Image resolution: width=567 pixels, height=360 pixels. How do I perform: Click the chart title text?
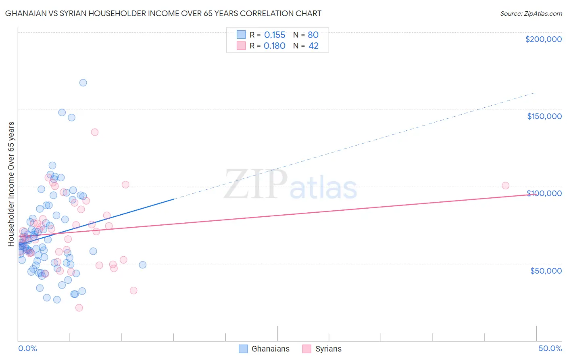[x=163, y=13]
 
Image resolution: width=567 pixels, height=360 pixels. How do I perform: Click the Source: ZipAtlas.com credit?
[x=531, y=13]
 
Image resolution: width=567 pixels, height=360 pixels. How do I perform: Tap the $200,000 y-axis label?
[x=543, y=39]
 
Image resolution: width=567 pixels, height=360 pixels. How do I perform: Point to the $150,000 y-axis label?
[x=544, y=116]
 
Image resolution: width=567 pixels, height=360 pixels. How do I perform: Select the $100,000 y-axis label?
[x=544, y=193]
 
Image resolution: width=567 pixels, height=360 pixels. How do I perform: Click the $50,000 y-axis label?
[x=546, y=270]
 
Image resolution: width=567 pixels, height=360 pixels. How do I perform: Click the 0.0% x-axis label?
[x=27, y=348]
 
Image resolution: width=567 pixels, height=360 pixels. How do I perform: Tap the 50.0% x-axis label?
[x=550, y=348]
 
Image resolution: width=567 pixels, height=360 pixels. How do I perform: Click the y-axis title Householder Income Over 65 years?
[x=11, y=184]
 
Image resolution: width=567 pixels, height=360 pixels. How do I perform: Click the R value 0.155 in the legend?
[x=275, y=35]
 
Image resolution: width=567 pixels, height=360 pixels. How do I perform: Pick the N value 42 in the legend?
[x=313, y=46]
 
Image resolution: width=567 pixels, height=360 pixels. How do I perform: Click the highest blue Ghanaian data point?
[x=83, y=83]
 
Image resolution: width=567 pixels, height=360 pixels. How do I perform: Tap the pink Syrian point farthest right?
[x=505, y=186]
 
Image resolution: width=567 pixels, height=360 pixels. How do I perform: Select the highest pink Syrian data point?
[x=95, y=132]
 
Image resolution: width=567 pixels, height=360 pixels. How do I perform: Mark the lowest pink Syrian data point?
[x=79, y=308]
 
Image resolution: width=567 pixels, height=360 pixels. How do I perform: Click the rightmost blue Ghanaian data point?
[x=142, y=265]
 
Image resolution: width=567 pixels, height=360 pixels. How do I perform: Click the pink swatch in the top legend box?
[x=241, y=46]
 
